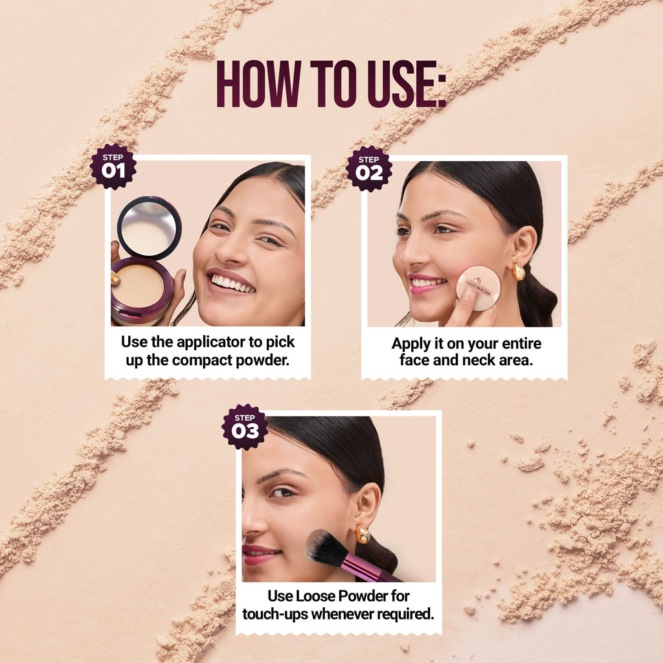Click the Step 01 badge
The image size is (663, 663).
113,166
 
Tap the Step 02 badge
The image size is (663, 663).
368,169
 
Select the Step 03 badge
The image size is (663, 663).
245,427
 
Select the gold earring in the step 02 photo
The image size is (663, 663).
519,273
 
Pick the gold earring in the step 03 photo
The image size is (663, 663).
363,534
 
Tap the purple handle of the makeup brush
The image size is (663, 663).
368,568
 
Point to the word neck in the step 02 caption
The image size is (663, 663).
478,360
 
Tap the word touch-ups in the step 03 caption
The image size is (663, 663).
275,614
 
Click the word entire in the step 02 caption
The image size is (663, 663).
523,343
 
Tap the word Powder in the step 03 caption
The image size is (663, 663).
361,596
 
